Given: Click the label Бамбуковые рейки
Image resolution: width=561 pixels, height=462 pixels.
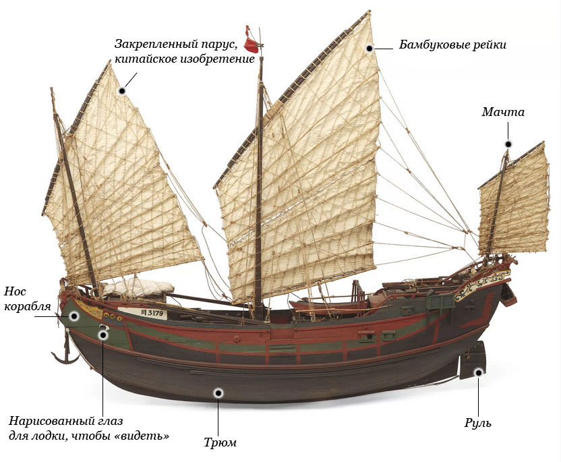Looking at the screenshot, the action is pyautogui.click(x=452, y=45).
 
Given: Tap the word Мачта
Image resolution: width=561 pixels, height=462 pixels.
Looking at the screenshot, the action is pyautogui.click(x=503, y=112).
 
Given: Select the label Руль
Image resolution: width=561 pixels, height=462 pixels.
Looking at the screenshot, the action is pyautogui.click(x=478, y=423).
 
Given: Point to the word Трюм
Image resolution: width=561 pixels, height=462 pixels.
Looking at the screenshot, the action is pyautogui.click(x=220, y=442).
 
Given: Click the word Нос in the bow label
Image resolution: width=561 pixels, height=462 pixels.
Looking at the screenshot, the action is pyautogui.click(x=15, y=291).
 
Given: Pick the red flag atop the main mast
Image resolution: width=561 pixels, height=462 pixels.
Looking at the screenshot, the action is pyautogui.click(x=251, y=40).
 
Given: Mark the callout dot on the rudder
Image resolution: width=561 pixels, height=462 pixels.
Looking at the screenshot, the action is pyautogui.click(x=478, y=372).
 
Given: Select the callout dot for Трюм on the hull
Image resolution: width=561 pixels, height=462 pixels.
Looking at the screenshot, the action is pyautogui.click(x=218, y=393).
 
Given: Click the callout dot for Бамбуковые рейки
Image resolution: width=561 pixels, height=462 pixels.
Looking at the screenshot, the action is pyautogui.click(x=370, y=49).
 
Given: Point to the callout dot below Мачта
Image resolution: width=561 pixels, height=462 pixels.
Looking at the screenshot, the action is pyautogui.click(x=508, y=144).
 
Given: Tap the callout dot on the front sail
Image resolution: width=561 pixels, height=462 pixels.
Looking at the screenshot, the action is pyautogui.click(x=122, y=91).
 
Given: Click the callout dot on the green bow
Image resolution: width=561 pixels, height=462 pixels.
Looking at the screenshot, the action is pyautogui.click(x=74, y=316).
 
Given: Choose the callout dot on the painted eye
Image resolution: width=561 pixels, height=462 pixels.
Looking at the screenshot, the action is pyautogui.click(x=103, y=335).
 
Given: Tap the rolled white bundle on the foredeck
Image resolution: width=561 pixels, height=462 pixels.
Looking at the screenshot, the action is pyautogui.click(x=138, y=287).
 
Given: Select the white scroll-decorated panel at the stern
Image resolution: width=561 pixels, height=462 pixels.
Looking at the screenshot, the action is pyautogui.click(x=481, y=284).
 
